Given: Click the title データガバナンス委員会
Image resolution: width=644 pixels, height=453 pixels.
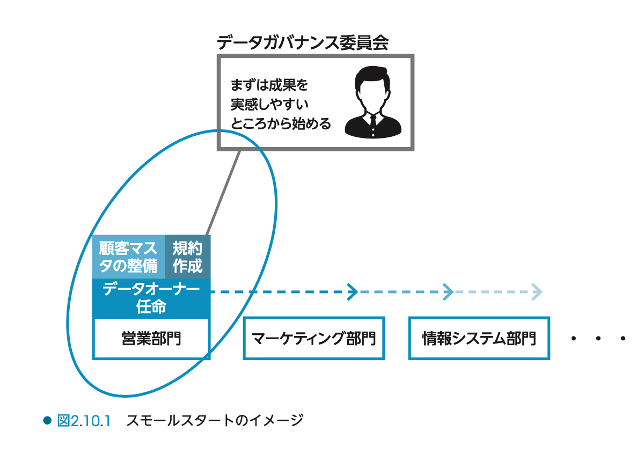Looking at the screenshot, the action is click(x=303, y=42).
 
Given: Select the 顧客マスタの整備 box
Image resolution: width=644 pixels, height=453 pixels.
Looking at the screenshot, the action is click(x=128, y=257).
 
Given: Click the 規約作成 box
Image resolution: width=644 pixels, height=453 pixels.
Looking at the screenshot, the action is click(x=187, y=257).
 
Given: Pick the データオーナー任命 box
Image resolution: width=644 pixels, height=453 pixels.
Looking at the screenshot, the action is click(x=151, y=298).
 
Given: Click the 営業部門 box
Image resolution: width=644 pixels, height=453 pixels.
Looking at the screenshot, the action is click(x=151, y=338).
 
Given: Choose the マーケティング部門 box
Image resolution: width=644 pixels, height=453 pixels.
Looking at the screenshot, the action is click(x=313, y=338).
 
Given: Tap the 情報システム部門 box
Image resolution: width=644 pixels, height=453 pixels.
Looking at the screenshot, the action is click(x=479, y=338).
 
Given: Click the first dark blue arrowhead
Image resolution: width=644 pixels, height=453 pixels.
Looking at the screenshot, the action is click(x=353, y=292).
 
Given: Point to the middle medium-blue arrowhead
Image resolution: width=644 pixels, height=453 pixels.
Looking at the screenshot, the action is click(x=448, y=292).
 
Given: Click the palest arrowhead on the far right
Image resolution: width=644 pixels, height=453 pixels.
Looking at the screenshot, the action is click(x=537, y=292).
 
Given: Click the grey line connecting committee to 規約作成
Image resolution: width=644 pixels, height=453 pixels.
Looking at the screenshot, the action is click(x=223, y=193).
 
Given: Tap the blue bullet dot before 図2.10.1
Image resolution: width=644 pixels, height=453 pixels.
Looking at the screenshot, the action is click(x=47, y=420).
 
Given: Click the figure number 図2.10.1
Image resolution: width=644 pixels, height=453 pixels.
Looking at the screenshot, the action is click(x=84, y=420).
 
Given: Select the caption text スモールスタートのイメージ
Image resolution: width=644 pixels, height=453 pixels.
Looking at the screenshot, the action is click(x=215, y=420).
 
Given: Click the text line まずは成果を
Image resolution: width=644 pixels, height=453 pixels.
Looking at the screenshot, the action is click(x=269, y=85).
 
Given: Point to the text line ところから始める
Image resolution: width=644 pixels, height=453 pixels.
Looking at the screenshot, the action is click(x=281, y=123).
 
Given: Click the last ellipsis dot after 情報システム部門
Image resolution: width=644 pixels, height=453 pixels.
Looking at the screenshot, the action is click(x=623, y=339).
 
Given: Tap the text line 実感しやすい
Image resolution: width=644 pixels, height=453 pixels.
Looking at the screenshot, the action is click(x=269, y=104).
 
